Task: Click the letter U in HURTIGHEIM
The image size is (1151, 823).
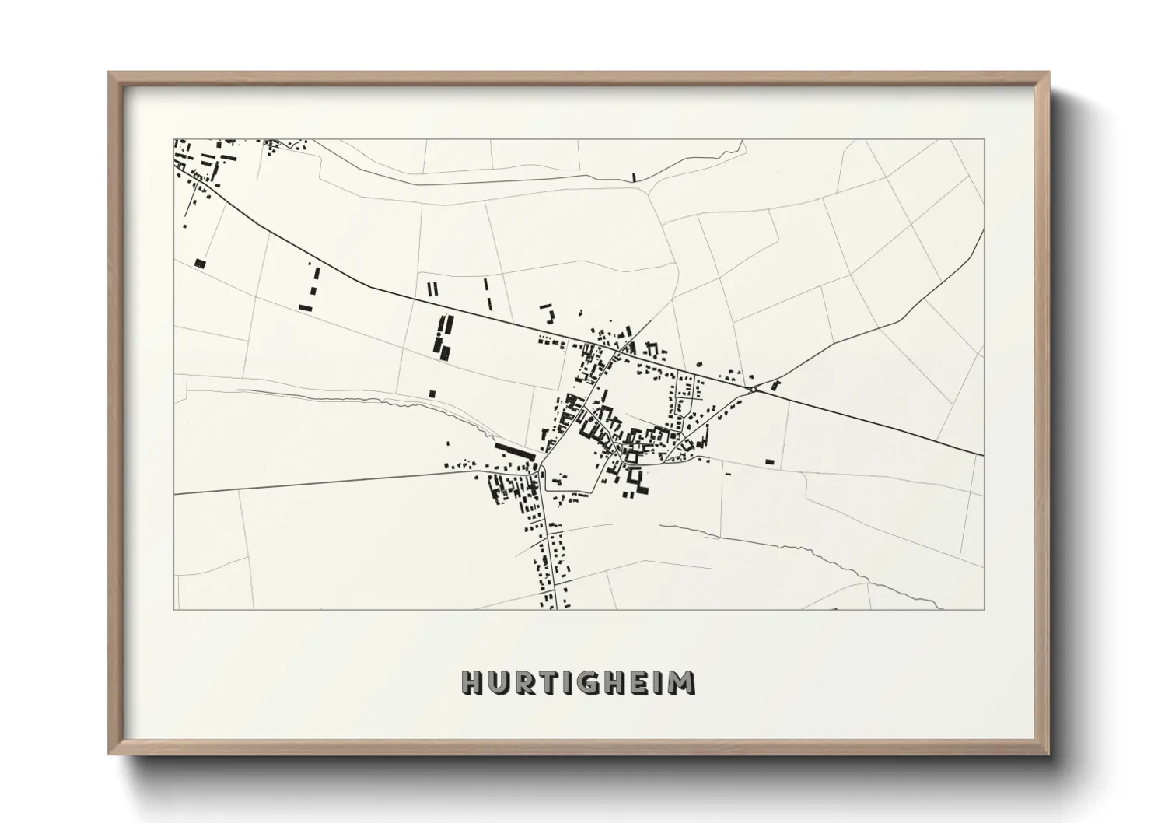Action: [500, 682]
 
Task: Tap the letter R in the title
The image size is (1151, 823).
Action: [527, 682]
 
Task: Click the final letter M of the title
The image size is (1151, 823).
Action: [682, 682]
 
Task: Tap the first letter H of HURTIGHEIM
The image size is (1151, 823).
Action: [473, 682]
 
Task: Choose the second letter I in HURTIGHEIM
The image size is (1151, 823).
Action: [661, 682]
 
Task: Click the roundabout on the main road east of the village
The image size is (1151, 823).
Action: [753, 388]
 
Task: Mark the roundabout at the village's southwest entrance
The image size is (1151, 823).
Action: [537, 467]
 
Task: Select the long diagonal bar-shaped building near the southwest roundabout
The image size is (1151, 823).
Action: [515, 450]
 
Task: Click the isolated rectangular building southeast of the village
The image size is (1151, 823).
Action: [769, 462]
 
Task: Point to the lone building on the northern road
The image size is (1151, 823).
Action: [635, 177]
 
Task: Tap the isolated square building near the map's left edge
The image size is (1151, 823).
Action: [201, 263]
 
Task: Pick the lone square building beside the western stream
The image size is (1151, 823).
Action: [432, 394]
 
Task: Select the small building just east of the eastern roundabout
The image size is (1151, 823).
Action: [775, 383]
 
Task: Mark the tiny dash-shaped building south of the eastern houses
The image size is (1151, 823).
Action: [728, 474]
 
